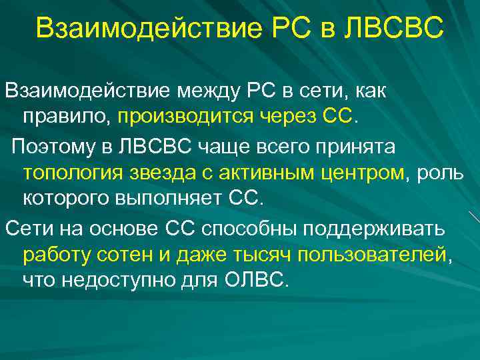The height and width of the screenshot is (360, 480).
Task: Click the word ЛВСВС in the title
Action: coord(393,28)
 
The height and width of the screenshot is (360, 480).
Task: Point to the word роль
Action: coord(440,172)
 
